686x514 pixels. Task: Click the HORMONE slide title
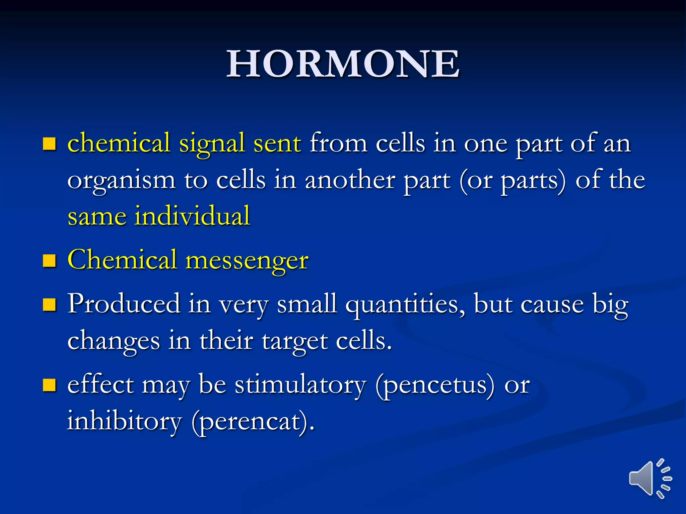[x=343, y=64]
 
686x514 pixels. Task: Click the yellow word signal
[x=212, y=144]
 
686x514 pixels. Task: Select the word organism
[x=121, y=181]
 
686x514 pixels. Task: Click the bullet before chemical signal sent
[x=49, y=144]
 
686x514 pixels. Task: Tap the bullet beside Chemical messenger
[x=49, y=261]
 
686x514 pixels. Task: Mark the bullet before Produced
[x=49, y=305]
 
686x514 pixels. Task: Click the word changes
[x=114, y=341]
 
